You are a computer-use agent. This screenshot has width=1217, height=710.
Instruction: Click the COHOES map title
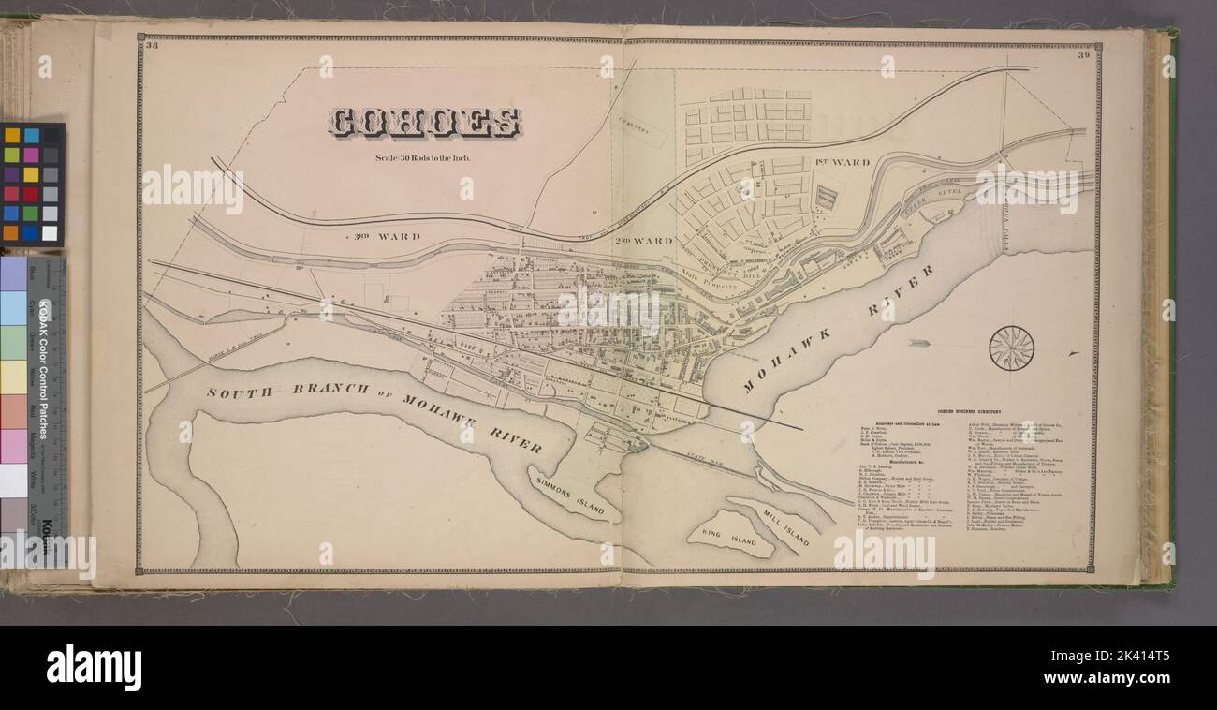pyautogui.click(x=424, y=123)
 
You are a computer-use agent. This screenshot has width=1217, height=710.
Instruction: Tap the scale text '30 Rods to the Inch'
pyautogui.click(x=422, y=157)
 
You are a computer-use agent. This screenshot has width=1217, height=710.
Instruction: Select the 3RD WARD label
pyautogui.click(x=387, y=236)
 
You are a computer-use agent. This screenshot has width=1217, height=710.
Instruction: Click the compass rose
pyautogui.click(x=1011, y=348)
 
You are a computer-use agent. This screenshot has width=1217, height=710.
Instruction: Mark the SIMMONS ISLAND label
pyautogui.click(x=576, y=493)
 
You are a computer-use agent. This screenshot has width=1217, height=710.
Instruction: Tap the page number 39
pyautogui.click(x=1084, y=55)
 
